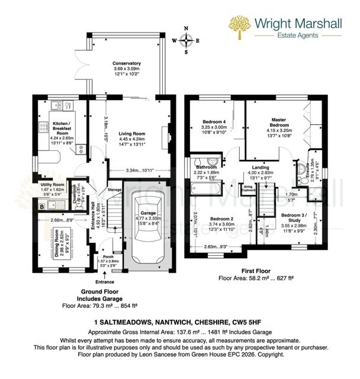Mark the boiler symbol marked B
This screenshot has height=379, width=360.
(41, 206)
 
